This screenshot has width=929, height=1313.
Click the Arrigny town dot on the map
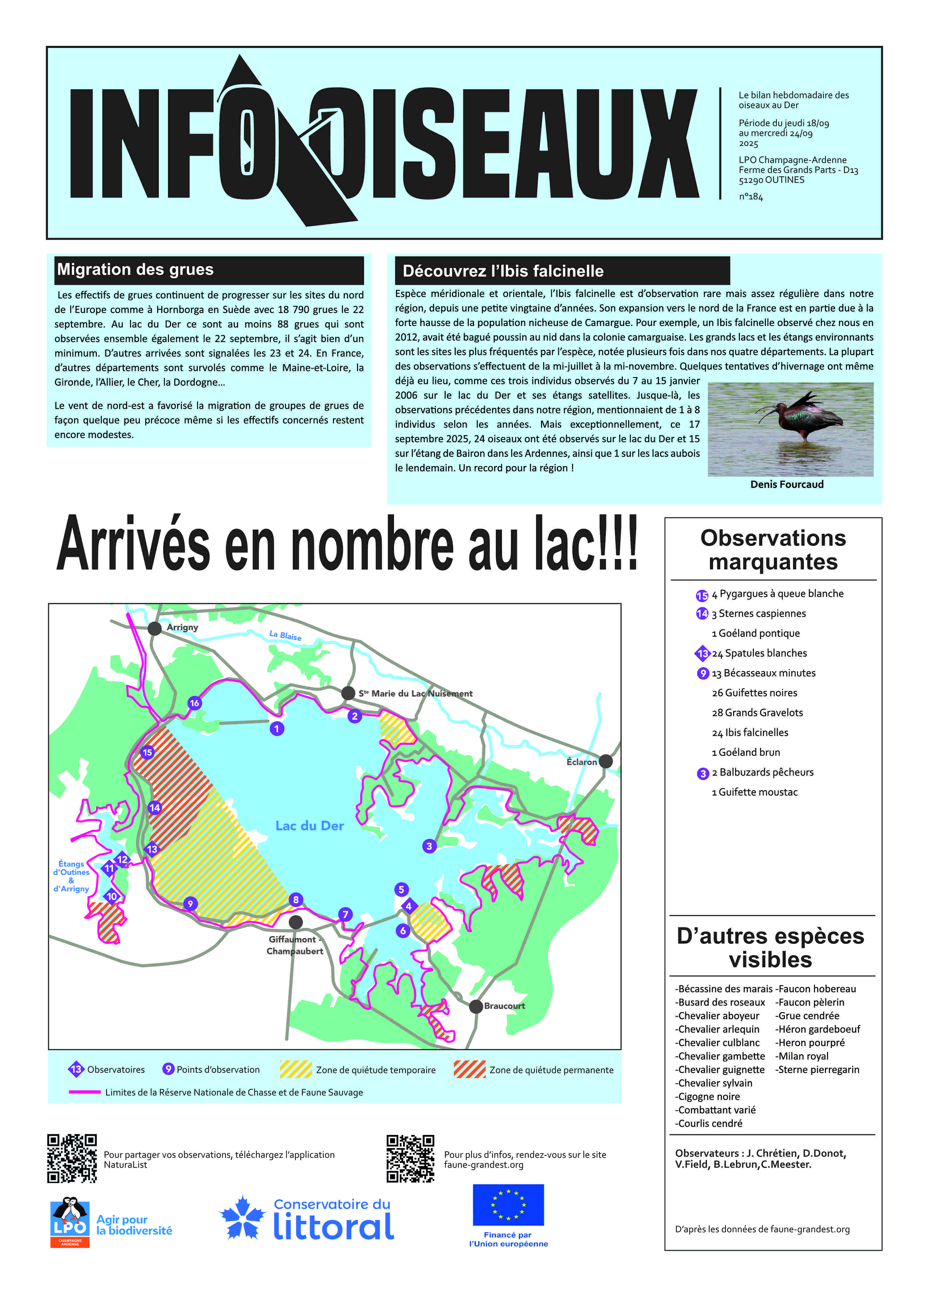[154, 629]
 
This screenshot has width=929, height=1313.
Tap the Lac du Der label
[310, 826]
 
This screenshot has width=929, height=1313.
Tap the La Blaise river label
[285, 635]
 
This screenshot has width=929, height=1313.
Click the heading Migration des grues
[136, 269]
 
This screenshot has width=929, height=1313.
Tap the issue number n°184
[751, 197]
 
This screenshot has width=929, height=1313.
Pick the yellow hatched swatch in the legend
[296, 1070]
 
